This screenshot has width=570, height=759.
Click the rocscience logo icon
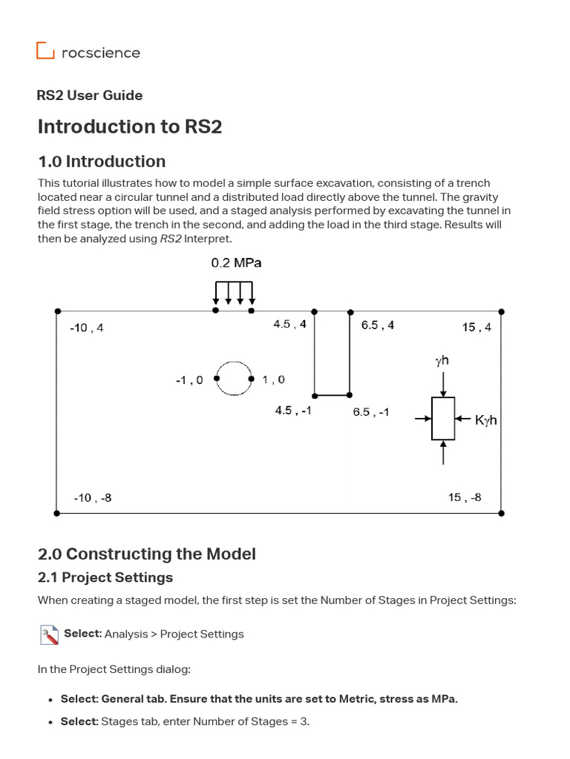pyautogui.click(x=45, y=51)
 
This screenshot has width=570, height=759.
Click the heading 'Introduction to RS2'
pyautogui.click(x=130, y=127)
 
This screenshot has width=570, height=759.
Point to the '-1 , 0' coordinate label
pyautogui.click(x=189, y=379)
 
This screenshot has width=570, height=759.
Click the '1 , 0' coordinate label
pyautogui.click(x=273, y=379)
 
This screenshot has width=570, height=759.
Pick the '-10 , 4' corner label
pyautogui.click(x=86, y=328)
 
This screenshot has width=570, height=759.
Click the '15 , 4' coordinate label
pyautogui.click(x=476, y=327)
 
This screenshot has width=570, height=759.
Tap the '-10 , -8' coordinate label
pyautogui.click(x=93, y=497)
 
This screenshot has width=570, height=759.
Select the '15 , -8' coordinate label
pyautogui.click(x=465, y=497)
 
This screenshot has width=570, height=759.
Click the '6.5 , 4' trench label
pyautogui.click(x=378, y=325)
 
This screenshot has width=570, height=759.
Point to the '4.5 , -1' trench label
pyautogui.click(x=293, y=411)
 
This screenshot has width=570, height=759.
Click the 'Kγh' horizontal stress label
pyautogui.click(x=486, y=420)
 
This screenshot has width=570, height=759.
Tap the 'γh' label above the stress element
pyautogui.click(x=442, y=361)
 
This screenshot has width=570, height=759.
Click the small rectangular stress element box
pyautogui.click(x=443, y=419)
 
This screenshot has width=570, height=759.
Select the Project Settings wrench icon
pyautogui.click(x=49, y=634)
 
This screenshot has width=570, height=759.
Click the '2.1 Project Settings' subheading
pyautogui.click(x=105, y=577)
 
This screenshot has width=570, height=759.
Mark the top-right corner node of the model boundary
pyautogui.click(x=501, y=311)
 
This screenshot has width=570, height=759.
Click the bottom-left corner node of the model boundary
pyautogui.click(x=57, y=512)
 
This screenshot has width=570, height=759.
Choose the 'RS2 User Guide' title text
pyautogui.click(x=90, y=96)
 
